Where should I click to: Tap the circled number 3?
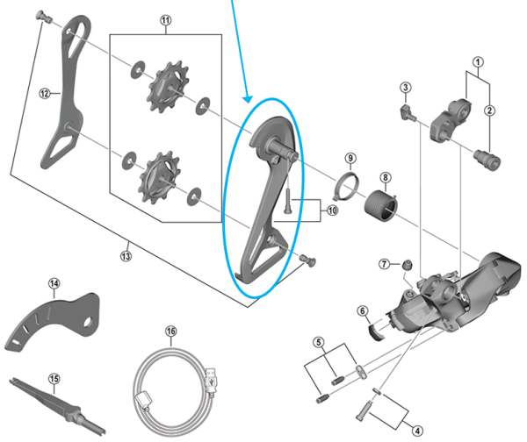pyautogui.click(x=406, y=88)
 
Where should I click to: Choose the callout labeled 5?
pyautogui.click(x=321, y=343)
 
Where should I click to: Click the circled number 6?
pyautogui.click(x=362, y=310)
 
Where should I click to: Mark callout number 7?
pyautogui.click(x=384, y=264)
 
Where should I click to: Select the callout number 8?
pyautogui.click(x=385, y=178)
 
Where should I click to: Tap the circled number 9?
pyautogui.click(x=350, y=159)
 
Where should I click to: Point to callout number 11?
pyautogui.click(x=167, y=19)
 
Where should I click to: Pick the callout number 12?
pyautogui.click(x=42, y=91)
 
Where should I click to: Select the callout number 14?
pyautogui.click(x=54, y=283)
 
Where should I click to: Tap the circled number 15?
pyautogui.click(x=54, y=379)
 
